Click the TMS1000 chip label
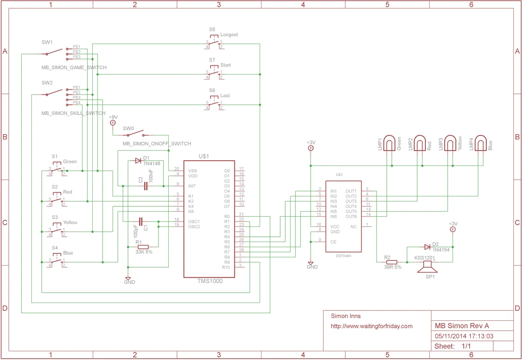(210, 281)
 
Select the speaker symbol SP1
(427, 267)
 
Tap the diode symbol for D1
(138, 161)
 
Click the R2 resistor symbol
(391, 262)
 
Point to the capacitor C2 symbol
(146, 186)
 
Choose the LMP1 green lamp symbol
(389, 143)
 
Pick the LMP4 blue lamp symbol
(481, 143)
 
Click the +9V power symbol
(113, 123)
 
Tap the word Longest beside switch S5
(229, 34)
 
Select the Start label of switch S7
(226, 65)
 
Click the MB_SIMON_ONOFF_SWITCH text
(157, 144)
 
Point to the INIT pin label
(192, 186)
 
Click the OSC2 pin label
(194, 227)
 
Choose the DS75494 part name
(344, 256)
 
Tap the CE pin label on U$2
(333, 242)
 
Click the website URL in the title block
(371, 326)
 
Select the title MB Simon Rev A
(462, 326)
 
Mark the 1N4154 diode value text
(441, 250)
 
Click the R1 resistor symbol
(143, 247)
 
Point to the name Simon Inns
(346, 316)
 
